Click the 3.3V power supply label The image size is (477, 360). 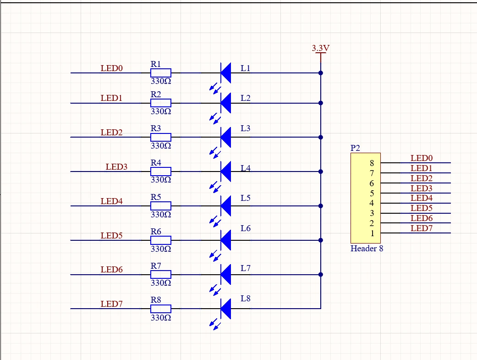point(321,48)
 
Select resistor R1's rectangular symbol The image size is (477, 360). point(161,72)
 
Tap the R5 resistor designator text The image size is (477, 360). point(156,197)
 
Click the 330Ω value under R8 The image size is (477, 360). point(161,317)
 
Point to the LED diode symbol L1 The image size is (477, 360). point(225,72)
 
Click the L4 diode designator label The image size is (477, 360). point(246,168)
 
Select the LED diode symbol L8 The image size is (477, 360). point(225,309)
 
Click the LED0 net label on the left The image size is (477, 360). point(112,68)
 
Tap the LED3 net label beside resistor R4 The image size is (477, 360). point(117,167)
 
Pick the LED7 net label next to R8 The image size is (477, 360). point(112,304)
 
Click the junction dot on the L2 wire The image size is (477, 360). point(321,103)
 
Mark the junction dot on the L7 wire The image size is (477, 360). point(321,274)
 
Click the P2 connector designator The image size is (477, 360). point(355,148)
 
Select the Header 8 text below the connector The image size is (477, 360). point(367,249)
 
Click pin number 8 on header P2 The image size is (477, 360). point(372,163)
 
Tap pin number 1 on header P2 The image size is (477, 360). point(372,233)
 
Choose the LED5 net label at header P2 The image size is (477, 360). point(422,208)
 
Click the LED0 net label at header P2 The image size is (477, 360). point(422,158)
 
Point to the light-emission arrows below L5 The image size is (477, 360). point(214,222)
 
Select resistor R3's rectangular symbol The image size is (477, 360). point(161,137)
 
